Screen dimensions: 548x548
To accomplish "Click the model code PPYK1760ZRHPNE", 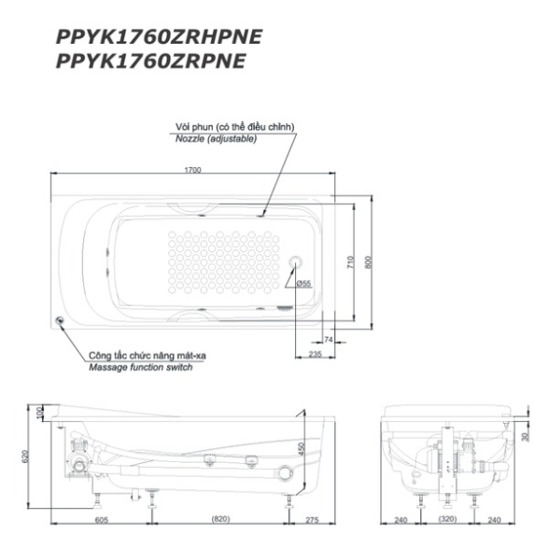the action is [159, 36].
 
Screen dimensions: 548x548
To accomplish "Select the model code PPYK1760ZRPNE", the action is [150, 61].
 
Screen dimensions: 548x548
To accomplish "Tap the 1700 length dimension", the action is [192, 170].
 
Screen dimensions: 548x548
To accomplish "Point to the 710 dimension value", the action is [350, 262].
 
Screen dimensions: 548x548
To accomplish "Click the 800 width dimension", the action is [369, 262].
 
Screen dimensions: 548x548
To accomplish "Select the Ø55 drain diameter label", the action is [303, 284].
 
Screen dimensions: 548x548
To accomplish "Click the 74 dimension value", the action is [329, 340].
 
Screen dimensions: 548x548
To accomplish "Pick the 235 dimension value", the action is [315, 354].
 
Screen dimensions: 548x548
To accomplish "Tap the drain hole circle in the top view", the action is [296, 261].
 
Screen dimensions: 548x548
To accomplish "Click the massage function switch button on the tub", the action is [60, 320].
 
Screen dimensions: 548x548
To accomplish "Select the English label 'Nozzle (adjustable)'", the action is [216, 139].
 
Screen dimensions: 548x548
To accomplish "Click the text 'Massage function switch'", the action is [140, 367].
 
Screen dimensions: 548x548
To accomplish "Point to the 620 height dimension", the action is [25, 457].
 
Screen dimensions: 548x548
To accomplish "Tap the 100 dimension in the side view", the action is [39, 413].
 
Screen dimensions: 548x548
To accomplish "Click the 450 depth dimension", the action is [302, 449].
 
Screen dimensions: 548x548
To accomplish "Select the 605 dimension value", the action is [102, 520].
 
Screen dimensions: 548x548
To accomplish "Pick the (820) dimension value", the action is [221, 519].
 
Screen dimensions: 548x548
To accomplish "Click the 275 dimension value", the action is [312, 520].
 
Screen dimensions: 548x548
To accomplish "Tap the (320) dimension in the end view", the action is [447, 519].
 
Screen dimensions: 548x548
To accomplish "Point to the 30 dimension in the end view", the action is [525, 437].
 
